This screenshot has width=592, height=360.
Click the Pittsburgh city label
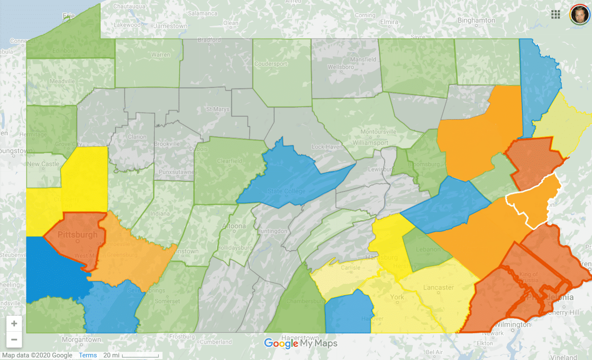[x=77, y=235]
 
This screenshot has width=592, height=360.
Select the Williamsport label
[x=370, y=143]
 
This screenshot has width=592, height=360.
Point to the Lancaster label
[x=438, y=287]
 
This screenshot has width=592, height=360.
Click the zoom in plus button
[x=14, y=323]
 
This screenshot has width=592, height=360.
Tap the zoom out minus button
[x=14, y=339]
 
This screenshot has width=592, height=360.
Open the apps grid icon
[x=556, y=14]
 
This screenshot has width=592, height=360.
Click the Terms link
[x=88, y=355]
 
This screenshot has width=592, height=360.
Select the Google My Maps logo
[x=301, y=344]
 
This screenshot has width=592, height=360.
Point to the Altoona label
[x=235, y=226]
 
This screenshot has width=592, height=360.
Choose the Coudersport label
[x=282, y=64]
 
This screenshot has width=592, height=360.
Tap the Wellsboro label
[x=340, y=67]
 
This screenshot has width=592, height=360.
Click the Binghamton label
[x=476, y=20]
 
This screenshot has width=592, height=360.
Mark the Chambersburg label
[x=307, y=301]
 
